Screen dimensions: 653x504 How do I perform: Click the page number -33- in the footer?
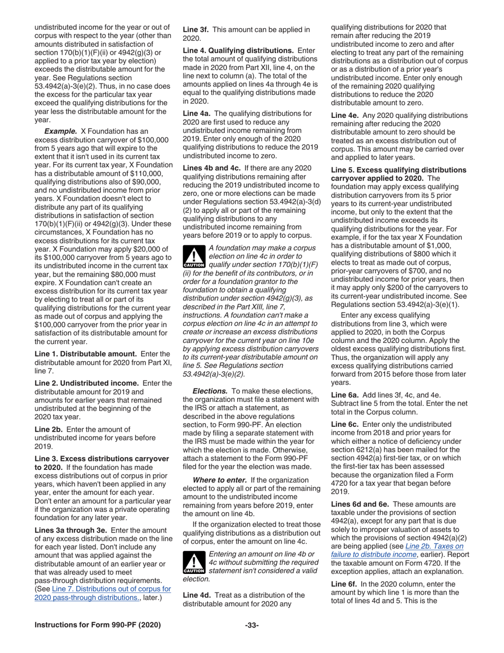251,625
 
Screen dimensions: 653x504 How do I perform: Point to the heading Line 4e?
345,115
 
